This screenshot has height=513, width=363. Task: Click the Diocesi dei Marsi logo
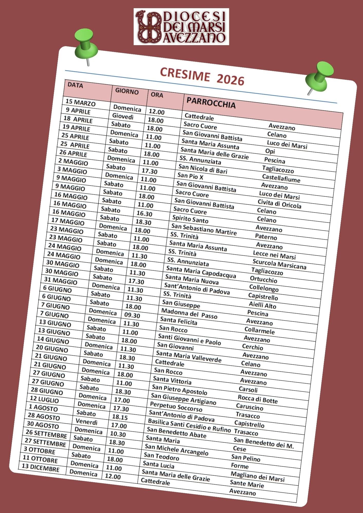181,27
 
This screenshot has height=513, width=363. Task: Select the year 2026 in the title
230,80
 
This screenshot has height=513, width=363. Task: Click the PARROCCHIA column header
211,103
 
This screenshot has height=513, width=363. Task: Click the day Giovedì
123,116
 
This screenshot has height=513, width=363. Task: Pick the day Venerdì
87,422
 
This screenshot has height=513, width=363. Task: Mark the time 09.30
132,315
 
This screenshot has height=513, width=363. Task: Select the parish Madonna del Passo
189,313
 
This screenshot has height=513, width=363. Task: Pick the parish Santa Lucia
158,465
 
